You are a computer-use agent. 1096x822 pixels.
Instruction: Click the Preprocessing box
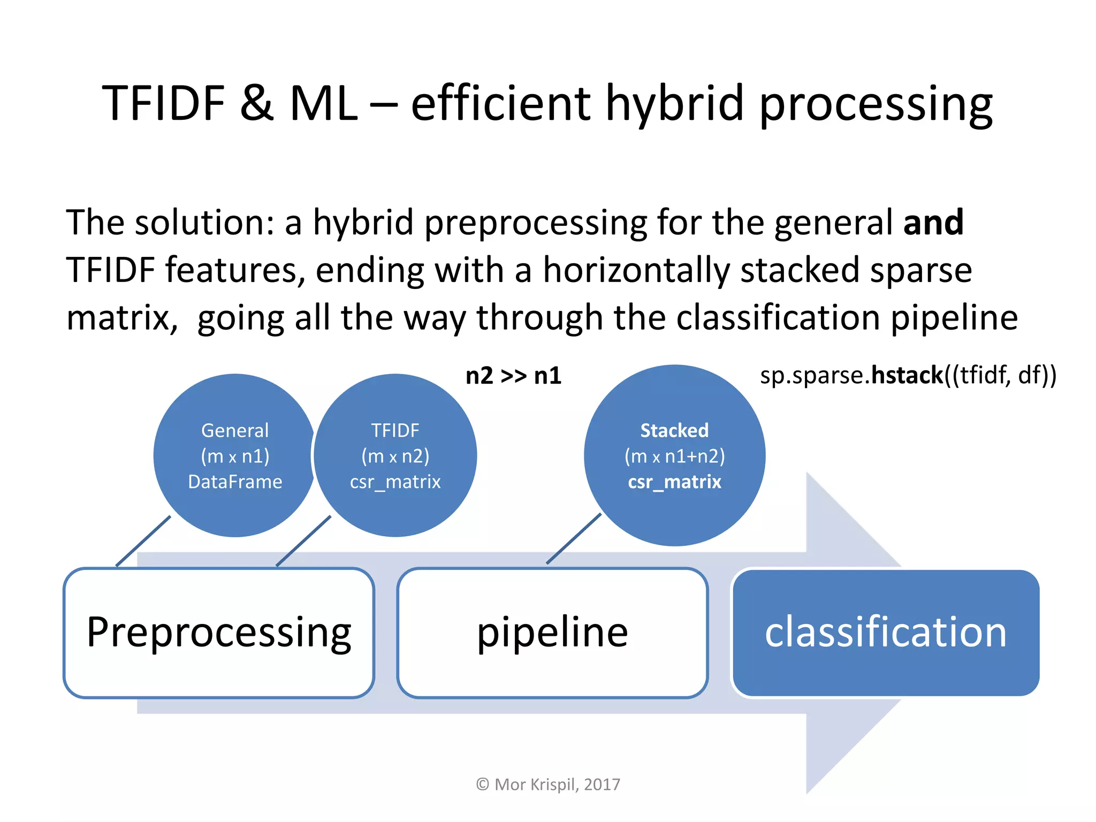pyautogui.click(x=218, y=633)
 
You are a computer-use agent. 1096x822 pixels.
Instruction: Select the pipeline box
pyautogui.click(x=552, y=633)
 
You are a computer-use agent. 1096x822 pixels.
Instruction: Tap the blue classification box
pyautogui.click(x=886, y=633)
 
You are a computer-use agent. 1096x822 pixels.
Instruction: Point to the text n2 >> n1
pyautogui.click(x=513, y=376)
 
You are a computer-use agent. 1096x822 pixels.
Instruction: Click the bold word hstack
pyautogui.click(x=907, y=375)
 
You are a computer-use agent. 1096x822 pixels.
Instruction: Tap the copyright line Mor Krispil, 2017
pyautogui.click(x=548, y=785)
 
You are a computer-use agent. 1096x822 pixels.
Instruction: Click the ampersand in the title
pyautogui.click(x=256, y=103)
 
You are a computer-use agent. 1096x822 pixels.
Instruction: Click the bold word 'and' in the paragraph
pyautogui.click(x=933, y=222)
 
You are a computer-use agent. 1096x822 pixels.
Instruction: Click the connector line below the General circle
pyautogui.click(x=143, y=541)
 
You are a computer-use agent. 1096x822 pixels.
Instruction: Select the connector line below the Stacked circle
pyautogui.click(x=574, y=539)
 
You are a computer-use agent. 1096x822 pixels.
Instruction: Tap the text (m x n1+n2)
pyautogui.click(x=674, y=456)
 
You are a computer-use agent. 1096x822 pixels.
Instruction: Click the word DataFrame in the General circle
pyautogui.click(x=235, y=482)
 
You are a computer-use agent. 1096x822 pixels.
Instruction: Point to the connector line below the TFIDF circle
pyautogui.click(x=303, y=541)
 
